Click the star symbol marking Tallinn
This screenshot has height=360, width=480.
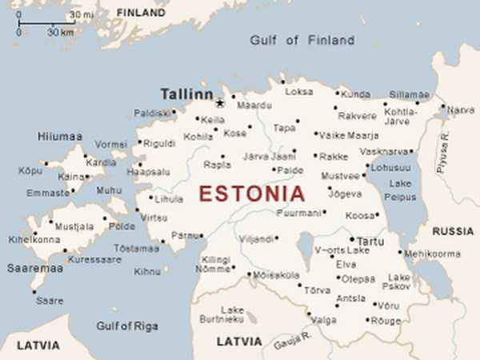[218, 102]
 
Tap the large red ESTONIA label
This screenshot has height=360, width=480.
[251, 194]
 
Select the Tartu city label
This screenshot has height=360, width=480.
[370, 240]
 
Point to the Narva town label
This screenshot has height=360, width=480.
[461, 110]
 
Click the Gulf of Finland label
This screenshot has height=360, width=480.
[302, 40]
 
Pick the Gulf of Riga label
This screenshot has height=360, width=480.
[126, 326]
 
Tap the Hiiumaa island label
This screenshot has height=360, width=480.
[59, 137]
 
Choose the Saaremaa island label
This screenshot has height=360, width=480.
[34, 268]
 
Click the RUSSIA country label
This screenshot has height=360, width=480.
[453, 231]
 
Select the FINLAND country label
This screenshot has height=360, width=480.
[140, 13]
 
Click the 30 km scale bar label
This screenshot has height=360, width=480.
[60, 33]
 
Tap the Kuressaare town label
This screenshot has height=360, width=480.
[94, 259]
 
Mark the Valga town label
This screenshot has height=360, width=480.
[323, 320]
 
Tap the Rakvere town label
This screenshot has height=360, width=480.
[357, 115]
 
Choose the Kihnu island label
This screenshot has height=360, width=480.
[146, 272]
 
